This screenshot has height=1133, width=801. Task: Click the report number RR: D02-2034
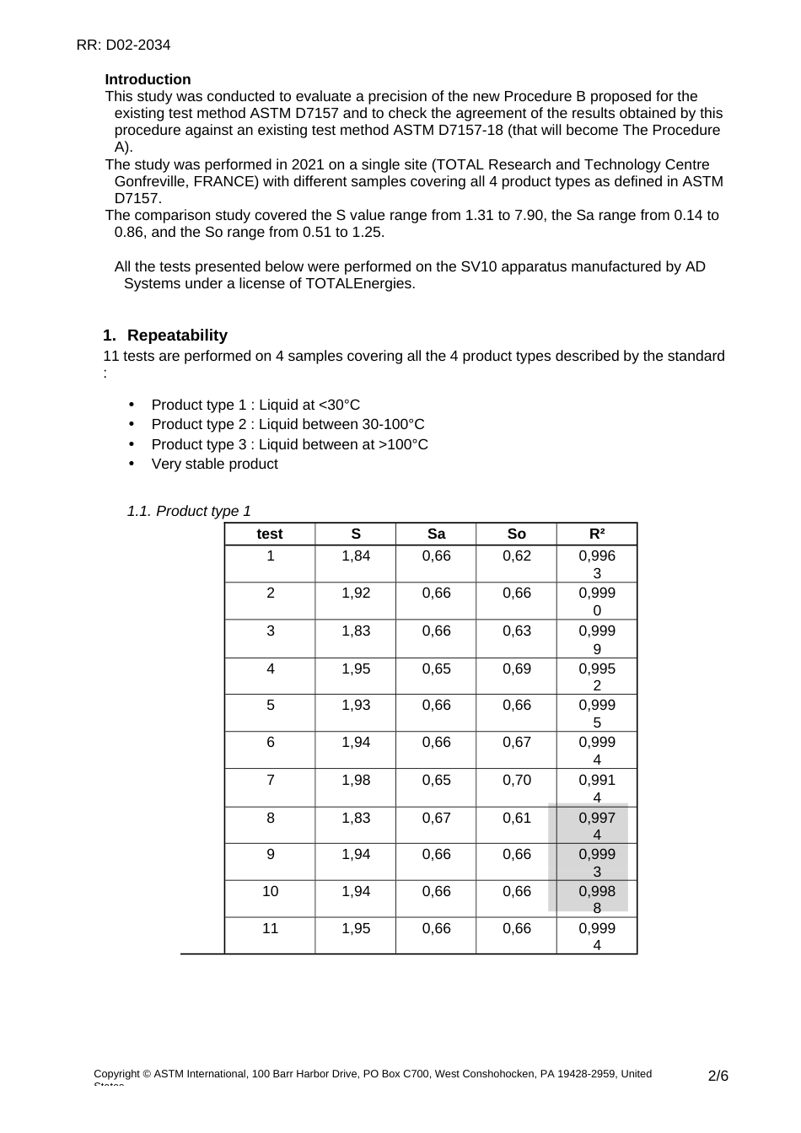click(x=123, y=45)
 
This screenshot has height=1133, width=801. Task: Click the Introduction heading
click(x=148, y=79)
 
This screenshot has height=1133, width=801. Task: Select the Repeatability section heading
click(x=177, y=336)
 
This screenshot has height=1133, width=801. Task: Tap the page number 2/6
click(x=718, y=1076)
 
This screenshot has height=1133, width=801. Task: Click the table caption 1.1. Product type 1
click(x=189, y=511)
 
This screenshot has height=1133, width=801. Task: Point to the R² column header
click(x=597, y=534)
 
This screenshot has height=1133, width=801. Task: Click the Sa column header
click(x=436, y=534)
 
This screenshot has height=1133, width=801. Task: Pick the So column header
click(x=516, y=534)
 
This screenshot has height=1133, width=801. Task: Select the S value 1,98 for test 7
click(x=356, y=781)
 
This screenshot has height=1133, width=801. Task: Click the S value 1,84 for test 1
click(x=356, y=556)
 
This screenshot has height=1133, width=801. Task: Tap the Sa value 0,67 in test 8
click(x=436, y=818)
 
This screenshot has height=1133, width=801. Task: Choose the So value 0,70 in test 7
click(x=516, y=781)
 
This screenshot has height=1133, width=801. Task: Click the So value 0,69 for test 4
click(x=516, y=669)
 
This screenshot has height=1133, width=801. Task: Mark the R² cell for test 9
click(x=597, y=862)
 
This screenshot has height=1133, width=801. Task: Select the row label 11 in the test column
click(x=270, y=928)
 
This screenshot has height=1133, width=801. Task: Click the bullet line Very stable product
click(x=214, y=464)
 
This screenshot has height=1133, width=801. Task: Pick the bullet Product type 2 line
click(x=288, y=424)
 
